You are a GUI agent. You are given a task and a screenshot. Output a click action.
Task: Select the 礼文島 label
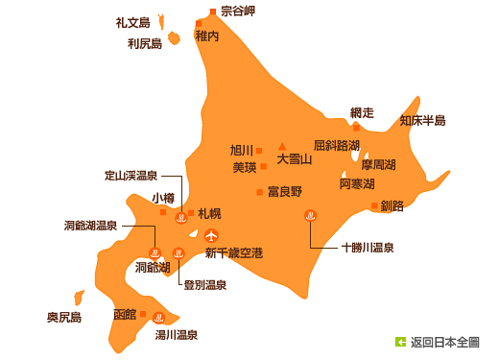click(x=132, y=22)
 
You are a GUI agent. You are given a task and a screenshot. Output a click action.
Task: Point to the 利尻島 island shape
click(x=175, y=37)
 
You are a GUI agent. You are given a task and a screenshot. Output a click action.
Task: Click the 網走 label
click(x=363, y=113)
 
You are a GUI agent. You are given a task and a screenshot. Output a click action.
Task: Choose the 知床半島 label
click(x=422, y=121)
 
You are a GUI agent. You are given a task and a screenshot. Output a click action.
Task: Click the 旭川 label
click(x=241, y=150)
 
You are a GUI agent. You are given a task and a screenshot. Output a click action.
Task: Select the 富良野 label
click(x=285, y=191)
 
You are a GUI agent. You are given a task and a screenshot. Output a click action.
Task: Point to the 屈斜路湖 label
click(x=336, y=145)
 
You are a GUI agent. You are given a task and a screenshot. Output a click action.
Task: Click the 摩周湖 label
click(x=378, y=165)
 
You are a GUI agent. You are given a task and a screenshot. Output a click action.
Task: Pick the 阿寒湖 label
click(x=357, y=183)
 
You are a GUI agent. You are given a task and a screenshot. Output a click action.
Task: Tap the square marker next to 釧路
click(x=374, y=205)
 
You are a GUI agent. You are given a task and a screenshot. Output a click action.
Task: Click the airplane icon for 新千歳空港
click(x=211, y=234)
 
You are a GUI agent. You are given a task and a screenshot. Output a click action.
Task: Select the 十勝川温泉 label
click(x=368, y=247)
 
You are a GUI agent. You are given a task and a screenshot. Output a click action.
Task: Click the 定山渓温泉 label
click(x=131, y=176)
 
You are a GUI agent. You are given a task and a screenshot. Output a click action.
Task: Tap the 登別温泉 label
click(x=204, y=284)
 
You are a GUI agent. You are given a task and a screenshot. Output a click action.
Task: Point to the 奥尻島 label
click(x=64, y=317)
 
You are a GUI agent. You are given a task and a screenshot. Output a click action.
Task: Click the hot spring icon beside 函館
click(x=159, y=318)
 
